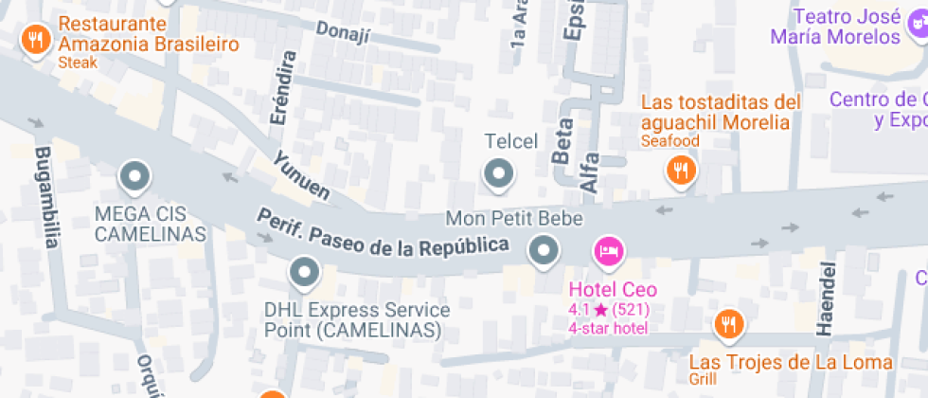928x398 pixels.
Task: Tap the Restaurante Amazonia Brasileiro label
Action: coord(147,34)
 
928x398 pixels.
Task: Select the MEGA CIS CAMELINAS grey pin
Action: coord(134,176)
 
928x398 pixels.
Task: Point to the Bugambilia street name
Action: coord(45,197)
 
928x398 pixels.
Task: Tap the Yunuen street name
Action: coord(301,175)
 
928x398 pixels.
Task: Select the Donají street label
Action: coord(342,32)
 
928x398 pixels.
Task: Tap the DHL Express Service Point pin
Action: coord(304,275)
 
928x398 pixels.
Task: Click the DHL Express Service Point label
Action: coord(357,320)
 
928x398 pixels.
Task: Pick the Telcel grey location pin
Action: coord(498,173)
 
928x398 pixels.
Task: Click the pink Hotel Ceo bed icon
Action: coord(608,251)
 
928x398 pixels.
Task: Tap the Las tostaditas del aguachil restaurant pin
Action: coord(680,170)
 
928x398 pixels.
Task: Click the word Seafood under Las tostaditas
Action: coord(669,141)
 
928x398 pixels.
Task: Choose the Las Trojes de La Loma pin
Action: coord(728,324)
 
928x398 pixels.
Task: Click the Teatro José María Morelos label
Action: coord(848,27)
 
